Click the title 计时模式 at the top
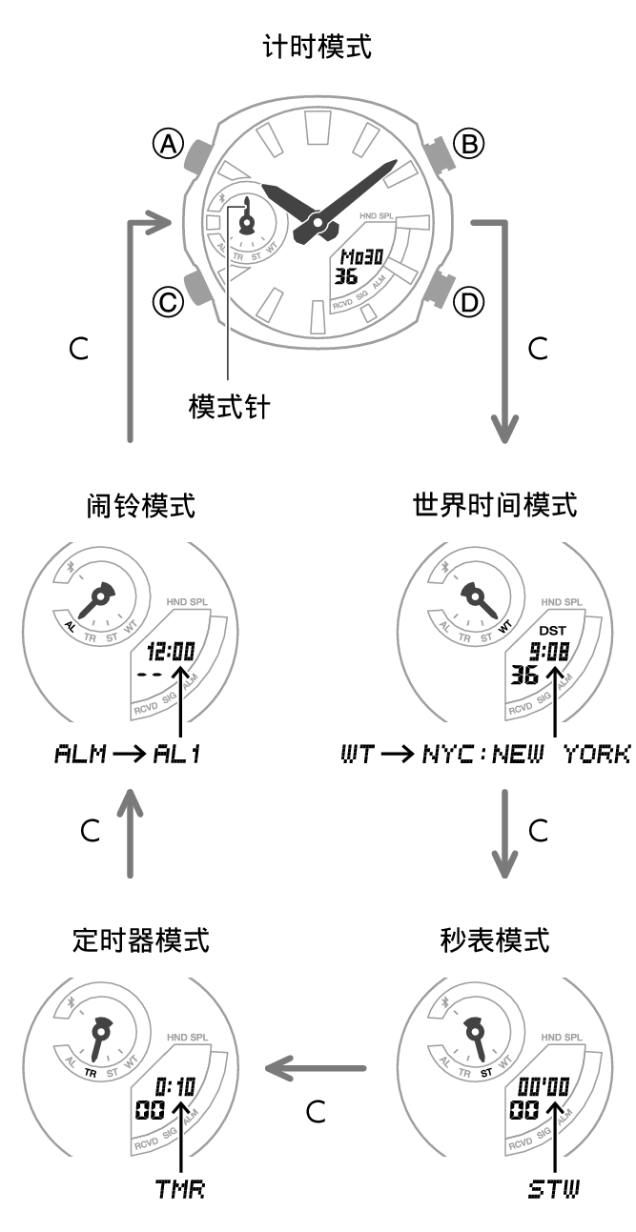(x=317, y=46)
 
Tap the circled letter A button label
(x=168, y=144)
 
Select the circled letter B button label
(x=467, y=144)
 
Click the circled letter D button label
(x=467, y=303)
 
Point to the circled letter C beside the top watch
(x=168, y=303)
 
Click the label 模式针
(x=229, y=408)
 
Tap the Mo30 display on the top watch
(x=362, y=258)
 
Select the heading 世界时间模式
(x=495, y=505)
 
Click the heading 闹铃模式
(x=140, y=505)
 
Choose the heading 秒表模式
(x=495, y=940)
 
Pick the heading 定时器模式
(x=140, y=940)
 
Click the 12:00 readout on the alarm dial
(x=172, y=653)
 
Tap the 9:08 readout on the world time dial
(x=549, y=653)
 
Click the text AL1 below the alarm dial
(x=176, y=755)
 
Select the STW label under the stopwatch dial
(x=554, y=1190)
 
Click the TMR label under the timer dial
(x=179, y=1190)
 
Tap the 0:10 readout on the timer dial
(x=174, y=1087)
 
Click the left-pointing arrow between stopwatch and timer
(x=316, y=1068)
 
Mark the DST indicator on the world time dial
(x=552, y=631)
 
